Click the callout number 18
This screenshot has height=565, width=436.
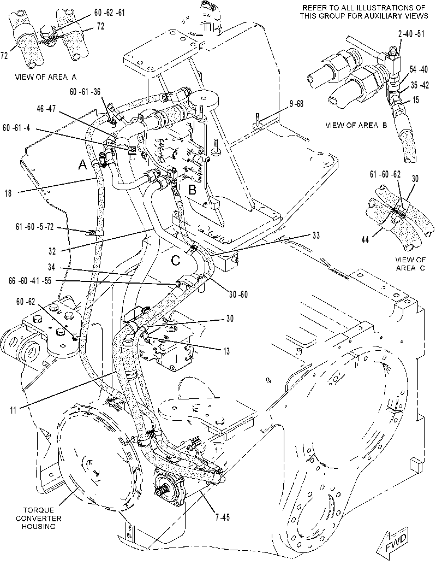(x=8, y=193)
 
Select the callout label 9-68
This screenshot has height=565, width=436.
(x=296, y=104)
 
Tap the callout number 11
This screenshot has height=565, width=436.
(x=13, y=410)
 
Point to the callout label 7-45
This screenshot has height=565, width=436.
(x=222, y=517)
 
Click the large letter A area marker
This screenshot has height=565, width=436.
(x=83, y=165)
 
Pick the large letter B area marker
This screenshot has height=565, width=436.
(x=193, y=190)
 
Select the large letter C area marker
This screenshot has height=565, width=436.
(x=176, y=260)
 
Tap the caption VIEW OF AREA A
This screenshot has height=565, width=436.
(x=46, y=76)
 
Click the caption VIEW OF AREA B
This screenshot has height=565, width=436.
(x=356, y=125)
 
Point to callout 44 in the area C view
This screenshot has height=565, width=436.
(x=365, y=240)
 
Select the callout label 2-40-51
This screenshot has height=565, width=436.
(x=411, y=34)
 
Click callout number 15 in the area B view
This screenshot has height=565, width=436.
(x=415, y=100)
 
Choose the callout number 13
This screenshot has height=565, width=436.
(x=226, y=351)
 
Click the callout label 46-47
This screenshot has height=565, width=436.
(x=46, y=108)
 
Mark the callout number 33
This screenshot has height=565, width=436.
(x=316, y=236)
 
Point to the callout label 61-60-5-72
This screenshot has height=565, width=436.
(x=34, y=227)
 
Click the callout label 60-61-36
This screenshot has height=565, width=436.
(x=85, y=92)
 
